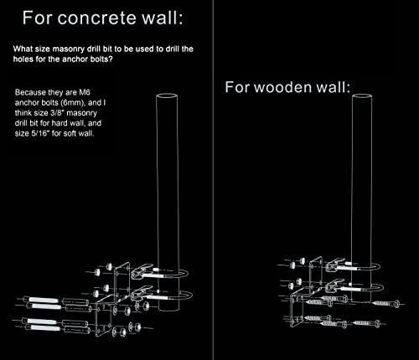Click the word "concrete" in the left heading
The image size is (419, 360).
tap(98, 18)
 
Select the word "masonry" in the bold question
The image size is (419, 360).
tap(69, 49)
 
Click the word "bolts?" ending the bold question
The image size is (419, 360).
tap(101, 59)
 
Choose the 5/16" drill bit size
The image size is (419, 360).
tap(40, 133)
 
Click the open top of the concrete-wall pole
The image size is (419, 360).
tap(167, 96)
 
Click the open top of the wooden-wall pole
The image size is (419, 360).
tap(362, 96)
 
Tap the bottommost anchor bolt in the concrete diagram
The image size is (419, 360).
tap(43, 327)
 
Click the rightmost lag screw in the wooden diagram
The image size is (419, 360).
tap(388, 303)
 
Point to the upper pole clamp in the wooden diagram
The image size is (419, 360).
tap(337, 265)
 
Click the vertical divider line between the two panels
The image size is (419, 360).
tap(214, 180)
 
